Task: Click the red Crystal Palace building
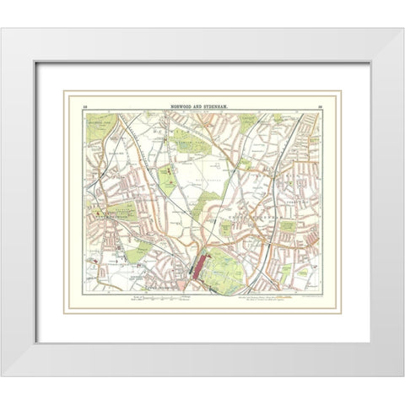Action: pyautogui.click(x=199, y=267)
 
